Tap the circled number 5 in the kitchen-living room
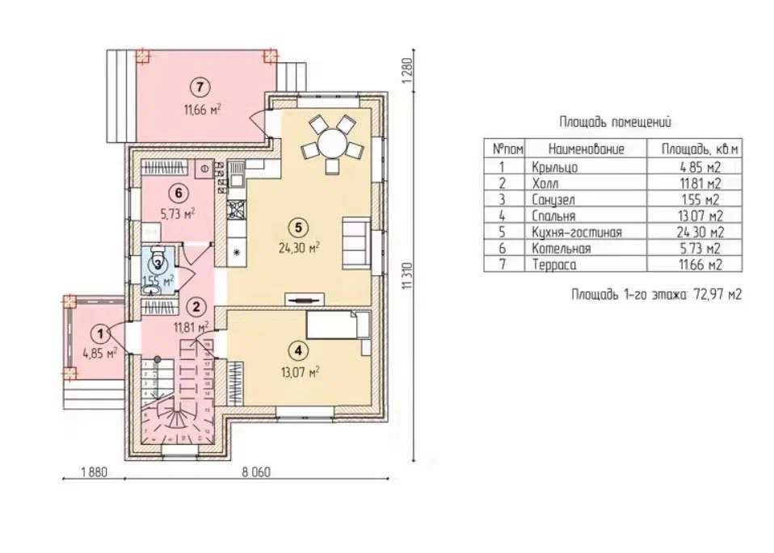pos(299,227)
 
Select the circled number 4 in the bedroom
pos(299,351)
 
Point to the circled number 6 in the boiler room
pos(179,193)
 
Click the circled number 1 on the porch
pos(100,333)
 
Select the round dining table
pos(331,145)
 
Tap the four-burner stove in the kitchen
pos(237,211)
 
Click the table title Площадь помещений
pos(615,123)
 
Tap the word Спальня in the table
pos(554,216)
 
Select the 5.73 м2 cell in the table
pos(701,248)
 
